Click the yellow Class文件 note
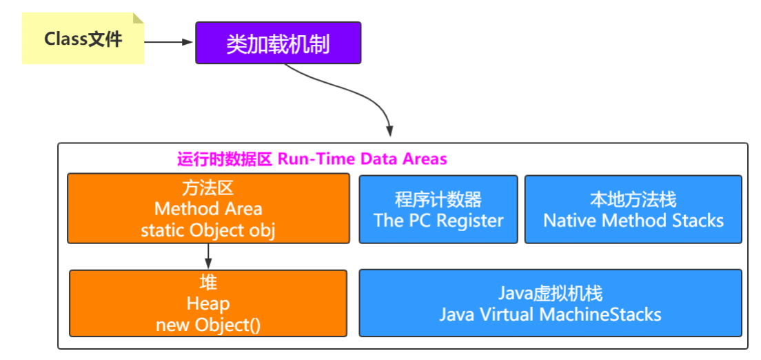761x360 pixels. click(83, 39)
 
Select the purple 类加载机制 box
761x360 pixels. click(278, 43)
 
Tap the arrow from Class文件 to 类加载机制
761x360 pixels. click(170, 42)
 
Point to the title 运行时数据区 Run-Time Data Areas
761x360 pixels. click(312, 159)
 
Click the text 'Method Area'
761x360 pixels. click(208, 208)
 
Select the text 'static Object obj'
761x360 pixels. click(208, 230)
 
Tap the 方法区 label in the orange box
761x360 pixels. click(208, 187)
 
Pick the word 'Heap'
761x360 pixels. click(208, 303)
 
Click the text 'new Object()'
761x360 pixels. click(208, 324)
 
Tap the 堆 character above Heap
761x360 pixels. click(208, 283)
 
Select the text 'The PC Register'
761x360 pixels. click(438, 221)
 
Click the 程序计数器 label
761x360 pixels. click(438, 200)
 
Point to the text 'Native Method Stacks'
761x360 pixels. click(633, 221)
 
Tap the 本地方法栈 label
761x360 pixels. click(633, 200)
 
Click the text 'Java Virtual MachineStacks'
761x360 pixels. click(550, 314)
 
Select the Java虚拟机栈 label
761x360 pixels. click(550, 294)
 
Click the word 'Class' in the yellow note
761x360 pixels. click(65, 39)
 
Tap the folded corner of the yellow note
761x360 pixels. click(138, 19)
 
